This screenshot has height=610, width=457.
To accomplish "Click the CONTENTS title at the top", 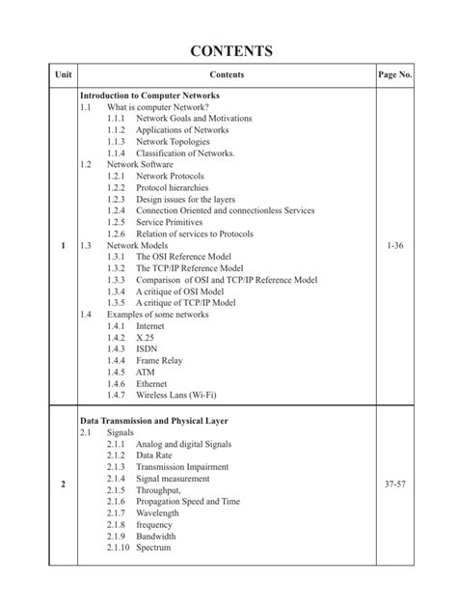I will (x=228, y=51).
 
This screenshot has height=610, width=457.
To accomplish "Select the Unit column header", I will (x=63, y=74).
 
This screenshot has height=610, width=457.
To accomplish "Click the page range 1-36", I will (x=394, y=245).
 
